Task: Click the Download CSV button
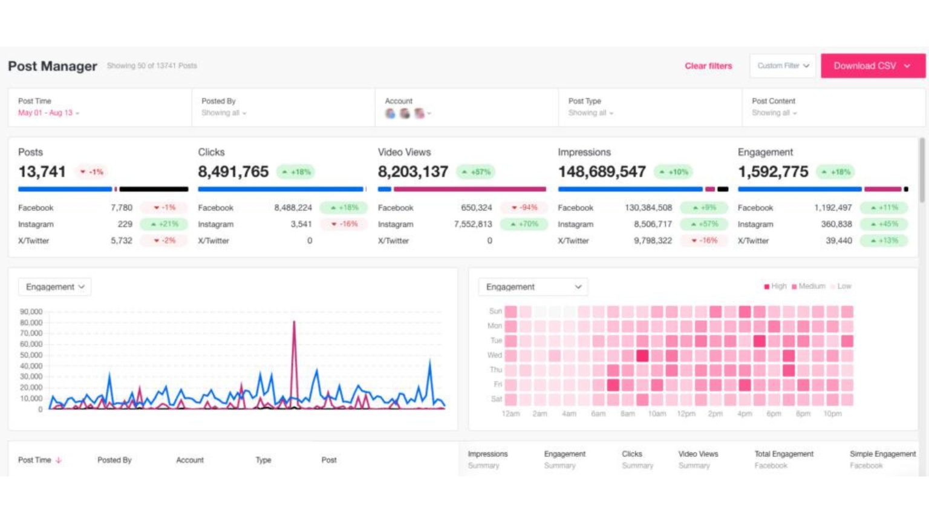872,66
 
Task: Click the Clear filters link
708,66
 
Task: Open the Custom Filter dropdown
783,66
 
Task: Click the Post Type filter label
584,101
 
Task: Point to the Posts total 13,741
42,172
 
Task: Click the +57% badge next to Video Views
476,172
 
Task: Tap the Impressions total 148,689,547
602,172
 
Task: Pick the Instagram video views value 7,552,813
473,224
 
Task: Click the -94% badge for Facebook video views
524,208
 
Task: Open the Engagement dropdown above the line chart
55,287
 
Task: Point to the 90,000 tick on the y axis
31,312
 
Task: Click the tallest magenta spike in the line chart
294,323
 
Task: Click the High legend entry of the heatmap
775,286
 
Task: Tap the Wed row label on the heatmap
494,355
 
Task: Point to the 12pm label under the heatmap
686,414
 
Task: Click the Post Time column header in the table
35,460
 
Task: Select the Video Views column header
698,454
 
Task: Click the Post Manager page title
53,66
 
